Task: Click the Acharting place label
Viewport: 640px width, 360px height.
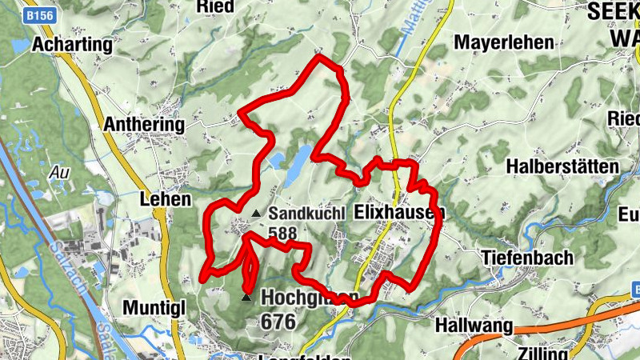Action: (72, 46)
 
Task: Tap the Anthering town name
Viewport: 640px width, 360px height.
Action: (145, 126)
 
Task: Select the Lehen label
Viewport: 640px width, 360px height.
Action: (166, 199)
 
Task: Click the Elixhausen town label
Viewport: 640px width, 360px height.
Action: (398, 214)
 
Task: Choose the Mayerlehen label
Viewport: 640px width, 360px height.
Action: (503, 42)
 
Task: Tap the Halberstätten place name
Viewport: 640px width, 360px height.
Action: (563, 166)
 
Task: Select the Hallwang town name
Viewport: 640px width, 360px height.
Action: (474, 326)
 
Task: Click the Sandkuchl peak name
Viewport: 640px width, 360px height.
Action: (306, 214)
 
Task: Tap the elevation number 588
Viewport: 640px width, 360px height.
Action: (283, 233)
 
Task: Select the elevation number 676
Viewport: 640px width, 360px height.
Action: (278, 322)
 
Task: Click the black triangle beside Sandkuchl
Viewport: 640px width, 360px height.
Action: (256, 213)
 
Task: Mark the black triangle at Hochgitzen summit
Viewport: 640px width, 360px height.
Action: (246, 298)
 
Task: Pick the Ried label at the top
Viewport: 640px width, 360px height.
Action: (216, 6)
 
